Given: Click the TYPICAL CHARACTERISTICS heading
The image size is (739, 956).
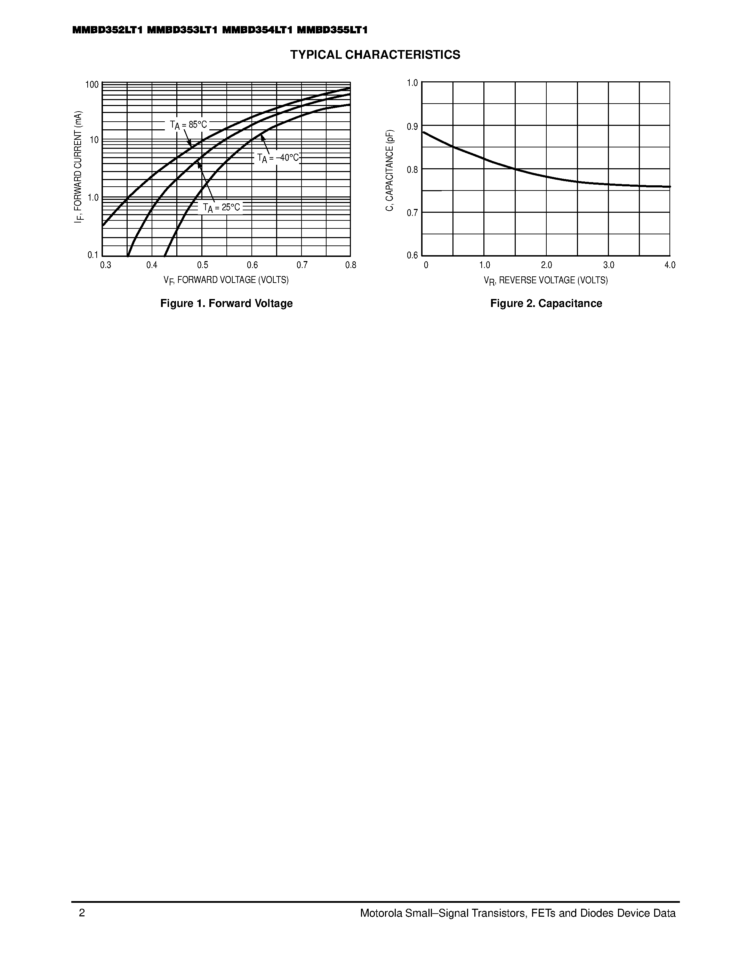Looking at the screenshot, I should [375, 55].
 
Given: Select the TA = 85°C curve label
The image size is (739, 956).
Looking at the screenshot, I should [188, 125].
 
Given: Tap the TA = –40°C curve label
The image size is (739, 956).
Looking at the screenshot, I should [278, 158].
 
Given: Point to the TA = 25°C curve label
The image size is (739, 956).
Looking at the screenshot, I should [222, 208].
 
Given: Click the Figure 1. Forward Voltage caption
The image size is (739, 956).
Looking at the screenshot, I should [226, 303].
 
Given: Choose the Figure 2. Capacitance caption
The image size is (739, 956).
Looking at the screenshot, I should [546, 303].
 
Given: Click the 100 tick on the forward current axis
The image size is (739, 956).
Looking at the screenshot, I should [92, 84].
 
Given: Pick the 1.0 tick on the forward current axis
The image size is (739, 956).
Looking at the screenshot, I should [93, 198].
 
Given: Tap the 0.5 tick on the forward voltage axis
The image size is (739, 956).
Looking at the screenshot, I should [202, 265].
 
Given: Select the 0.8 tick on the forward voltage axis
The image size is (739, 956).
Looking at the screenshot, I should [351, 265].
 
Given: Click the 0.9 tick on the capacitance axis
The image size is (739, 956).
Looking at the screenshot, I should [412, 127].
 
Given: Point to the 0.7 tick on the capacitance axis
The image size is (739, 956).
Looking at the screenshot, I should [412, 213].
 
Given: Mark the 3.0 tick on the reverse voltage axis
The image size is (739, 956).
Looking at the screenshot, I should [609, 265].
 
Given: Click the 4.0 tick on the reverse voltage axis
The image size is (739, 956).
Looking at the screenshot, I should [670, 265].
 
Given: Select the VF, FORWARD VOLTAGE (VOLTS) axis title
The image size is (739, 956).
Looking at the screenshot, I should [226, 280].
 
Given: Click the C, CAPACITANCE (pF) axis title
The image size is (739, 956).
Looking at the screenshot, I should [389, 170].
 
